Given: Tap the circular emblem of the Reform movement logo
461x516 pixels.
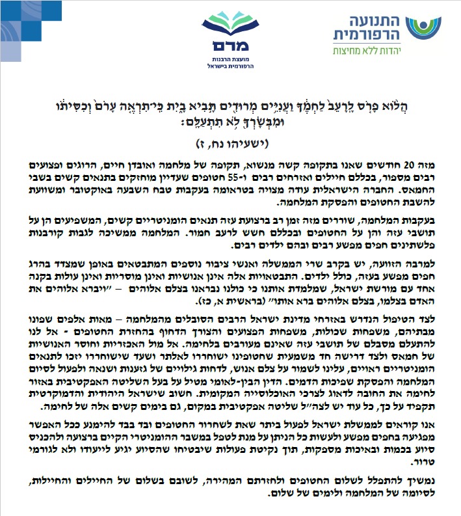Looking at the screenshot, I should click(422, 29).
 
